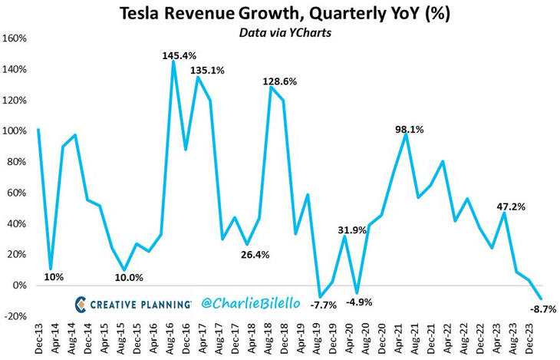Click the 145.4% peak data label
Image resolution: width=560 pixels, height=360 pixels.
point(179,56)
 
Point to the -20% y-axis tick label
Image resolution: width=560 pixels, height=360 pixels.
point(17,316)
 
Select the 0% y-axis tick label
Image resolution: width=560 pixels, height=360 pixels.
point(20,286)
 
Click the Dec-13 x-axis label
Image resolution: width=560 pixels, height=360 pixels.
point(39,337)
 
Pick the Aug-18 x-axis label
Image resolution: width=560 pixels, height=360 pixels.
point(269,337)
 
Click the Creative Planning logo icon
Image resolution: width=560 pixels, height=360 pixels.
point(81,304)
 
